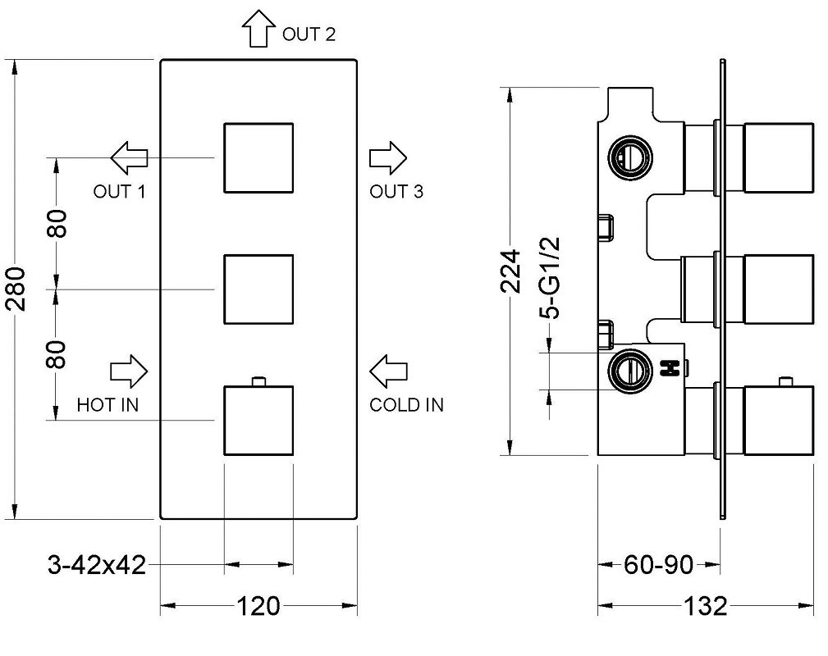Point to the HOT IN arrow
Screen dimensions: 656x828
pyautogui.click(x=129, y=371)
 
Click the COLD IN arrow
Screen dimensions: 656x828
pyautogui.click(x=387, y=371)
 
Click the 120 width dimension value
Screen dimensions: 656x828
pyautogui.click(x=258, y=607)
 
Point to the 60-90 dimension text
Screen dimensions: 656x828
pyautogui.click(x=659, y=564)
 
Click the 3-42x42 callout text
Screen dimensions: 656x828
pyautogui.click(x=97, y=564)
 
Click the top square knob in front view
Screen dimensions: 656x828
pyautogui.click(x=258, y=157)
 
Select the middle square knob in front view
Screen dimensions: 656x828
pyautogui.click(x=258, y=289)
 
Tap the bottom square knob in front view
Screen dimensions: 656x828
pyautogui.click(x=258, y=421)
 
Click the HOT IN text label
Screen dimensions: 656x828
pyautogui.click(x=108, y=405)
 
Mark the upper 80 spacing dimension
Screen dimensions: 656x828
pyautogui.click(x=57, y=223)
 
